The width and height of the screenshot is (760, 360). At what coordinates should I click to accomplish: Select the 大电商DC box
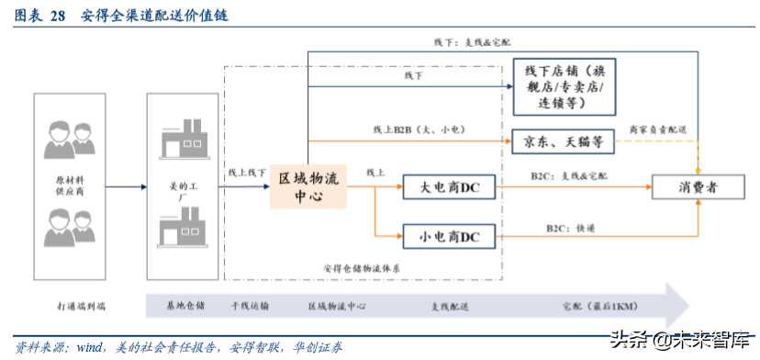(x=450, y=187)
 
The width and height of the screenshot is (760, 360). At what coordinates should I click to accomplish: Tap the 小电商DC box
(x=450, y=237)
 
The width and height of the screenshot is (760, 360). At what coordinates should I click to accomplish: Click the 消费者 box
(x=699, y=186)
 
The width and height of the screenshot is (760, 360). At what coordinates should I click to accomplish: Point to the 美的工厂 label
(x=180, y=191)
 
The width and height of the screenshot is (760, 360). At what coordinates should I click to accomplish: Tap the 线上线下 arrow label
(x=247, y=173)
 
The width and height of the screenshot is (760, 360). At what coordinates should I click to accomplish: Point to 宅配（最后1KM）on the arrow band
(x=597, y=305)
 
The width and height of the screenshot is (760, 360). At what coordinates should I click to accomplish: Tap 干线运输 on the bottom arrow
(x=250, y=305)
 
